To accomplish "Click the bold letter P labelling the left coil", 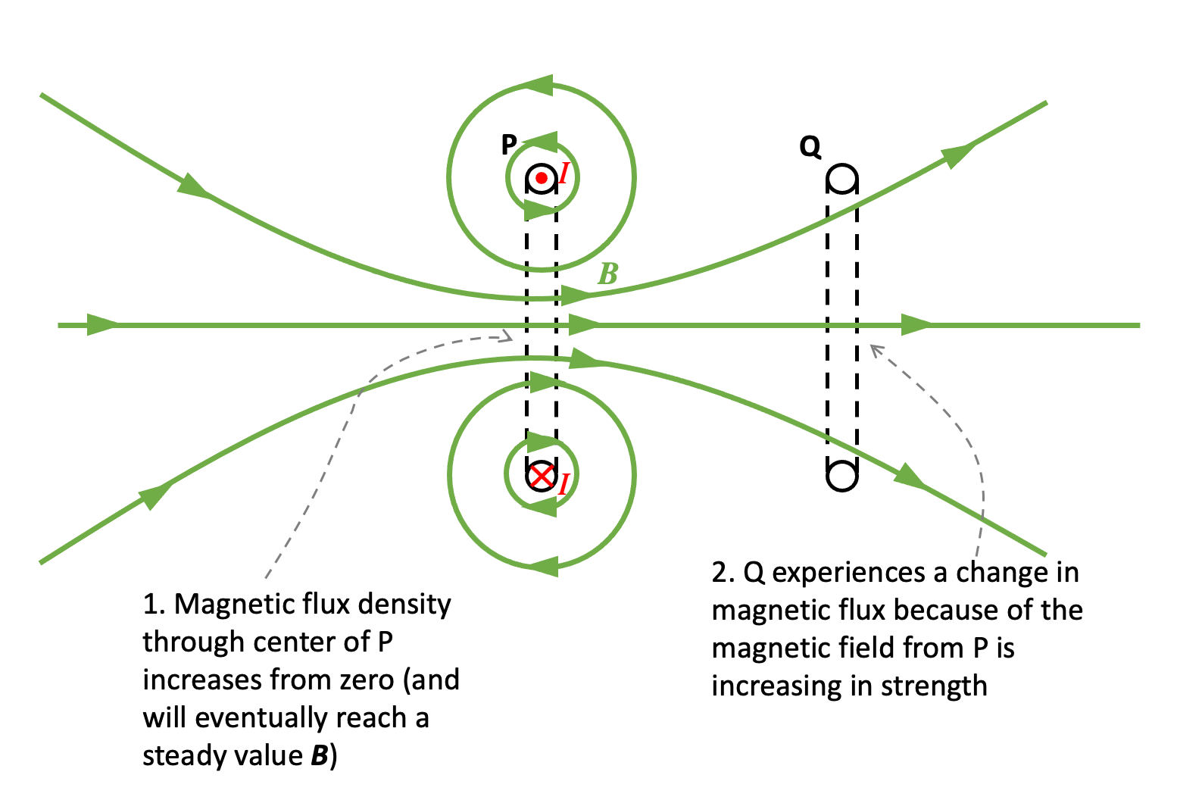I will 509,144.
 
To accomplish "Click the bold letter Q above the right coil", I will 810,147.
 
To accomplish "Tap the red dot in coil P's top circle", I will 541,179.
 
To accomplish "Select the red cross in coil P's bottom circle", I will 541,477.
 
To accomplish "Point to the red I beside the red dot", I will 563,174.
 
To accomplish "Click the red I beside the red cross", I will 563,483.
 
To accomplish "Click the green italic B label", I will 607,274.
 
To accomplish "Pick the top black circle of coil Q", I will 841,180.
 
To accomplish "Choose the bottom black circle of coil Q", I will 841,477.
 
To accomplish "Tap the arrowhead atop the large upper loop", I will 539,85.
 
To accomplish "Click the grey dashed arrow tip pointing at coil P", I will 510,336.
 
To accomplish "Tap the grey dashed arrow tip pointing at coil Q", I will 874,348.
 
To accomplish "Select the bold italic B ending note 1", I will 320,756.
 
